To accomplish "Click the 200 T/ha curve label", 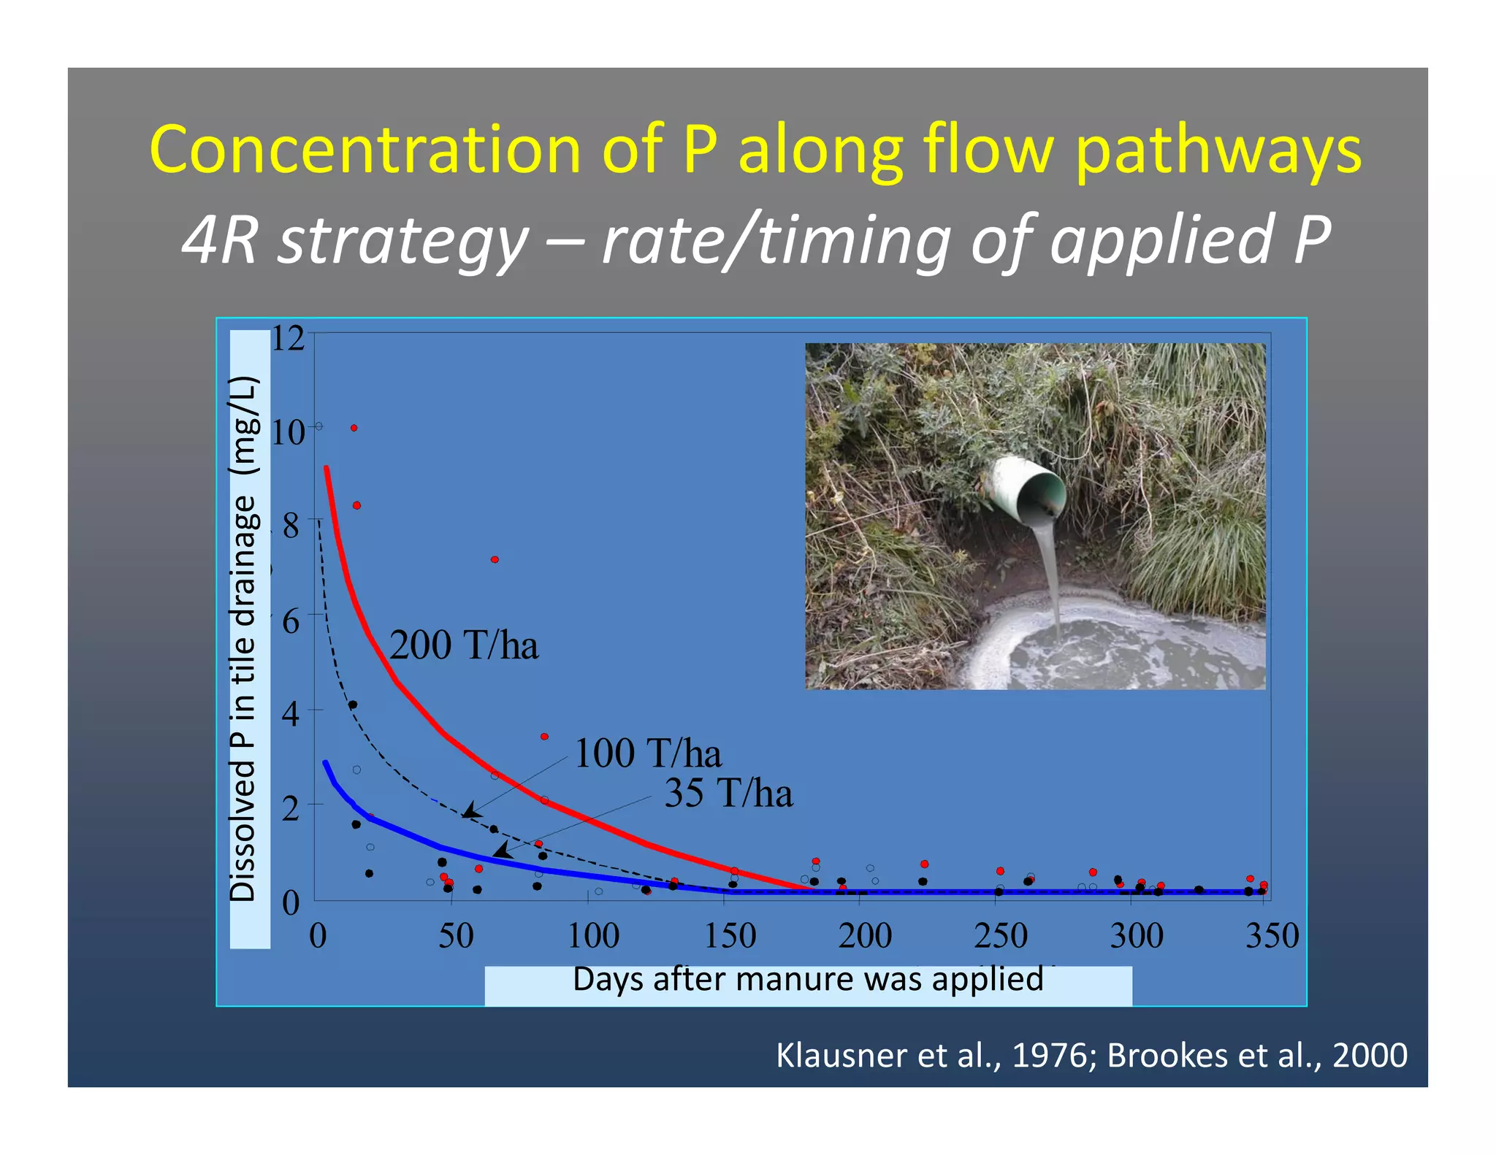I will [x=464, y=645].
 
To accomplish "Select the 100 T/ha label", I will [x=648, y=753].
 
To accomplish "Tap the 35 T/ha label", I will [x=728, y=793].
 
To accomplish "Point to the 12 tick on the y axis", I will [x=288, y=339].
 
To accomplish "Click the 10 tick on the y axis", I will [x=288, y=432].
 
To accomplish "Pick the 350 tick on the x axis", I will [x=1272, y=936].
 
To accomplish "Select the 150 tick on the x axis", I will [x=730, y=936].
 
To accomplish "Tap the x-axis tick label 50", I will [x=456, y=936].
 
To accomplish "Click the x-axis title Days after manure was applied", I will [x=808, y=980].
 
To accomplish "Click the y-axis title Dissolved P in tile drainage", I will [x=244, y=639].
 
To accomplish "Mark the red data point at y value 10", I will [x=354, y=428].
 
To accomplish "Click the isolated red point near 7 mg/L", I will [x=495, y=559].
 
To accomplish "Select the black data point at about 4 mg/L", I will [x=353, y=705].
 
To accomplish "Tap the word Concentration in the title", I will [x=365, y=149].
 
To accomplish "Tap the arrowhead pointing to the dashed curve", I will [x=470, y=811].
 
